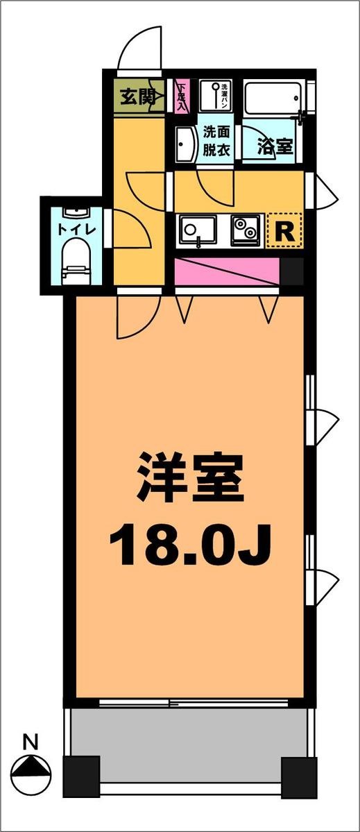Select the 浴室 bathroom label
pyautogui.click(x=275, y=146)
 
